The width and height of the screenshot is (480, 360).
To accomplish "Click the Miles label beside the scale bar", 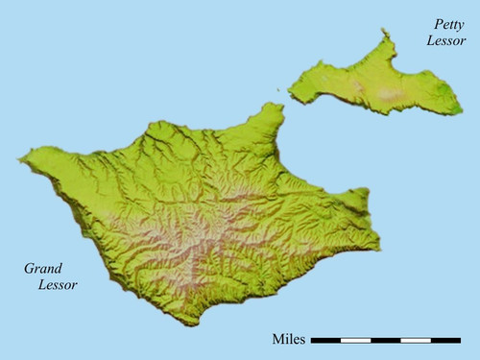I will pos(290,339).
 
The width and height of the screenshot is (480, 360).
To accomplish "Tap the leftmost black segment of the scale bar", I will pos(326,340).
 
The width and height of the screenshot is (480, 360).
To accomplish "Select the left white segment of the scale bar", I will pos(356,340).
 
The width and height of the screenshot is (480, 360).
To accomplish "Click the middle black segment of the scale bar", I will pos(386,340).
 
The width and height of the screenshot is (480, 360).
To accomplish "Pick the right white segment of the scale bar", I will pos(416,340).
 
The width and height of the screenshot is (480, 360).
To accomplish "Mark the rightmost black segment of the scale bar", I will pos(445,340).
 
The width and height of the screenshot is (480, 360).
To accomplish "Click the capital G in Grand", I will pos(27,268).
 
